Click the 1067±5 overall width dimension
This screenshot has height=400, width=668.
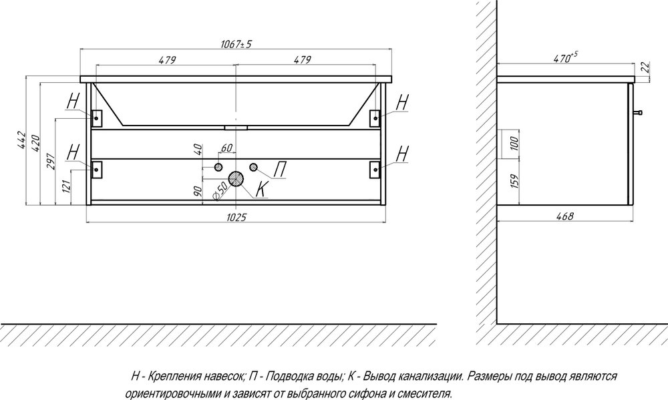[x=236, y=44]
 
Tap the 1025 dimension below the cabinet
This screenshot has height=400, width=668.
[x=236, y=217]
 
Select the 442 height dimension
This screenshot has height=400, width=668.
[x=22, y=141]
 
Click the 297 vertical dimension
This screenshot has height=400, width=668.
[x=51, y=162]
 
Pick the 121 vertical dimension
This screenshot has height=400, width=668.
[x=66, y=186]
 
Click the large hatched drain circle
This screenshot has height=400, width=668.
[x=236, y=179]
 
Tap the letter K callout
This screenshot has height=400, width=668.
[x=262, y=189]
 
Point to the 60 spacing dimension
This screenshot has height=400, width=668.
[x=226, y=148]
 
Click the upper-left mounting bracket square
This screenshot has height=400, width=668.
[x=96, y=118]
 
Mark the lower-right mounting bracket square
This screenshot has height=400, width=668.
[x=375, y=169]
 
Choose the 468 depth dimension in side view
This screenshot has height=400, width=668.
[x=565, y=216]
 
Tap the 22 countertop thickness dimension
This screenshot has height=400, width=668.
[x=645, y=67]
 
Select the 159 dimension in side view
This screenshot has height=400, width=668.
[x=514, y=181]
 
